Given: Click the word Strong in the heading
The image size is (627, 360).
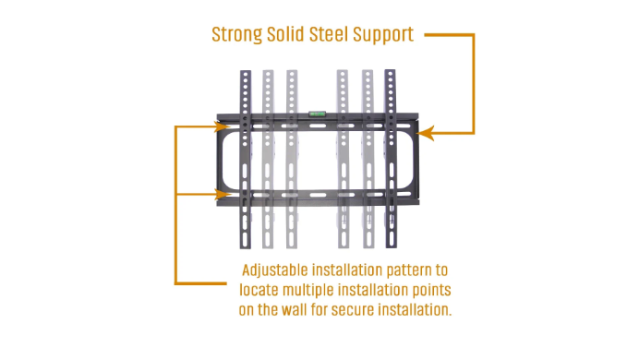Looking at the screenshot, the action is (236, 35).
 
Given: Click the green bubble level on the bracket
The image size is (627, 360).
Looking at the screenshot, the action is (317, 114).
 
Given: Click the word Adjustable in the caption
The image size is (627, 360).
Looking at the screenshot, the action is (274, 270).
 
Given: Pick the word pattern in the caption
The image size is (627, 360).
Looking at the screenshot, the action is (411, 270).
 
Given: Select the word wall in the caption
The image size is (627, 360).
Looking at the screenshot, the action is (294, 309).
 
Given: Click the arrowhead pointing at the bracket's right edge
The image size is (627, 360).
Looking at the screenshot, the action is (426, 133).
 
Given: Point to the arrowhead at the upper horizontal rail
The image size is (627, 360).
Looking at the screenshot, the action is (223, 126).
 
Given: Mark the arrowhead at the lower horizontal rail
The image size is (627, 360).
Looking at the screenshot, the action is (223, 195).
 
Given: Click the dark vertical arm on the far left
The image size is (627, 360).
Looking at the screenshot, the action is (246, 159).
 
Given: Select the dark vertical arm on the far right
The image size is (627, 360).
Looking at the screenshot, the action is (391, 158).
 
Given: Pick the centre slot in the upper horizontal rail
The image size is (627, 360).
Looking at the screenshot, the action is (318, 126).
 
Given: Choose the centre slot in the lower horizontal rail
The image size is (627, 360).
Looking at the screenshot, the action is (319, 196).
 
